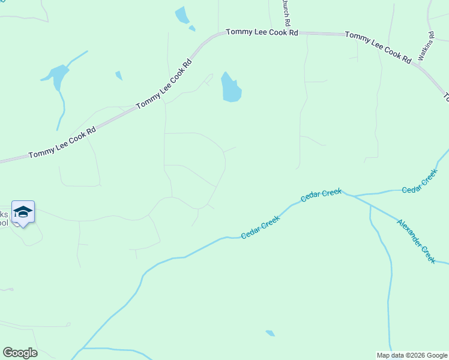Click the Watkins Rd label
(x=426, y=46)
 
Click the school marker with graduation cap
(x=23, y=212)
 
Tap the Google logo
(x=20, y=352)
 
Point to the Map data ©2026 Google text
(x=412, y=355)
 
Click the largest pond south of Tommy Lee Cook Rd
(x=231, y=88)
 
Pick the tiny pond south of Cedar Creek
(x=270, y=333)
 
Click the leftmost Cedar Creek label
(x=261, y=227)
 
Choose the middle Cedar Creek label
(x=321, y=195)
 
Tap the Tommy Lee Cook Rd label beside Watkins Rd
(x=378, y=47)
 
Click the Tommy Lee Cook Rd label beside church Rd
(x=262, y=32)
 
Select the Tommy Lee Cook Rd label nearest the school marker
(x=62, y=143)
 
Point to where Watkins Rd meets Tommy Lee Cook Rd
(x=420, y=64)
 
